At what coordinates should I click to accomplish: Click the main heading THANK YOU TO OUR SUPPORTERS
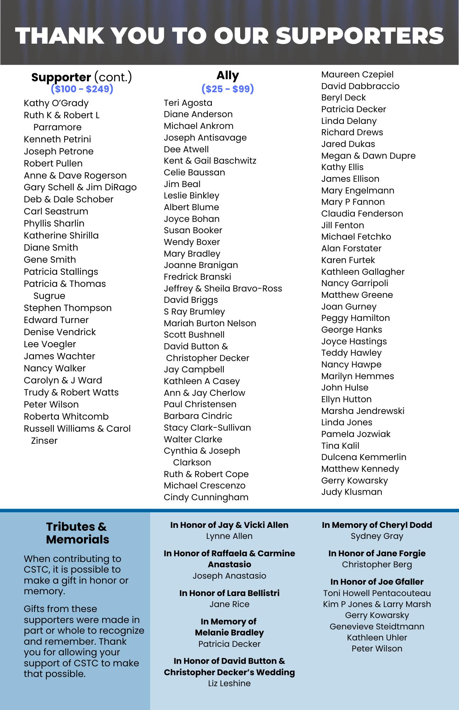pyautogui.click(x=230, y=36)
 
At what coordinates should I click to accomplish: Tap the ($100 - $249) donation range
pyautogui.click(x=82, y=89)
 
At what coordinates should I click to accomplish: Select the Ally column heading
pyautogui.click(x=228, y=75)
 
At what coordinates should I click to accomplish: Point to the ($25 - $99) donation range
pyautogui.click(x=228, y=89)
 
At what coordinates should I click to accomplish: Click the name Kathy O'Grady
pyautogui.click(x=56, y=103)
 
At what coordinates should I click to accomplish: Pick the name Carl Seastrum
pyautogui.click(x=56, y=211)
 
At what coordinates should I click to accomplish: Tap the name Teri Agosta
pyautogui.click(x=188, y=103)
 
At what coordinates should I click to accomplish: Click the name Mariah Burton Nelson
pyautogui.click(x=210, y=323)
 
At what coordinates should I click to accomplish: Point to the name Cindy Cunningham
pyautogui.click(x=206, y=497)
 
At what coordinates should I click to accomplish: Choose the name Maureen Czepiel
pyautogui.click(x=357, y=75)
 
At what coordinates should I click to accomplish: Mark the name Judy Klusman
pyautogui.click(x=352, y=492)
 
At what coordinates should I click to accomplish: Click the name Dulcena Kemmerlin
pyautogui.click(x=364, y=457)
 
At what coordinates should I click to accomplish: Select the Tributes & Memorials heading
pyautogui.click(x=77, y=533)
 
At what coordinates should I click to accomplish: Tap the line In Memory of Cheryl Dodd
pyautogui.click(x=377, y=525)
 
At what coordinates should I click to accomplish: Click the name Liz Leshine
pyautogui.click(x=229, y=683)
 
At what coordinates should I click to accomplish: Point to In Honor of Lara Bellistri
pyautogui.click(x=229, y=593)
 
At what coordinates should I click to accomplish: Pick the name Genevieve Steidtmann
pyautogui.click(x=377, y=627)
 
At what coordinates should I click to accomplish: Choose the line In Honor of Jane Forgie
pyautogui.click(x=377, y=553)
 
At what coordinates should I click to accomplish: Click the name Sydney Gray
pyautogui.click(x=377, y=536)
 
